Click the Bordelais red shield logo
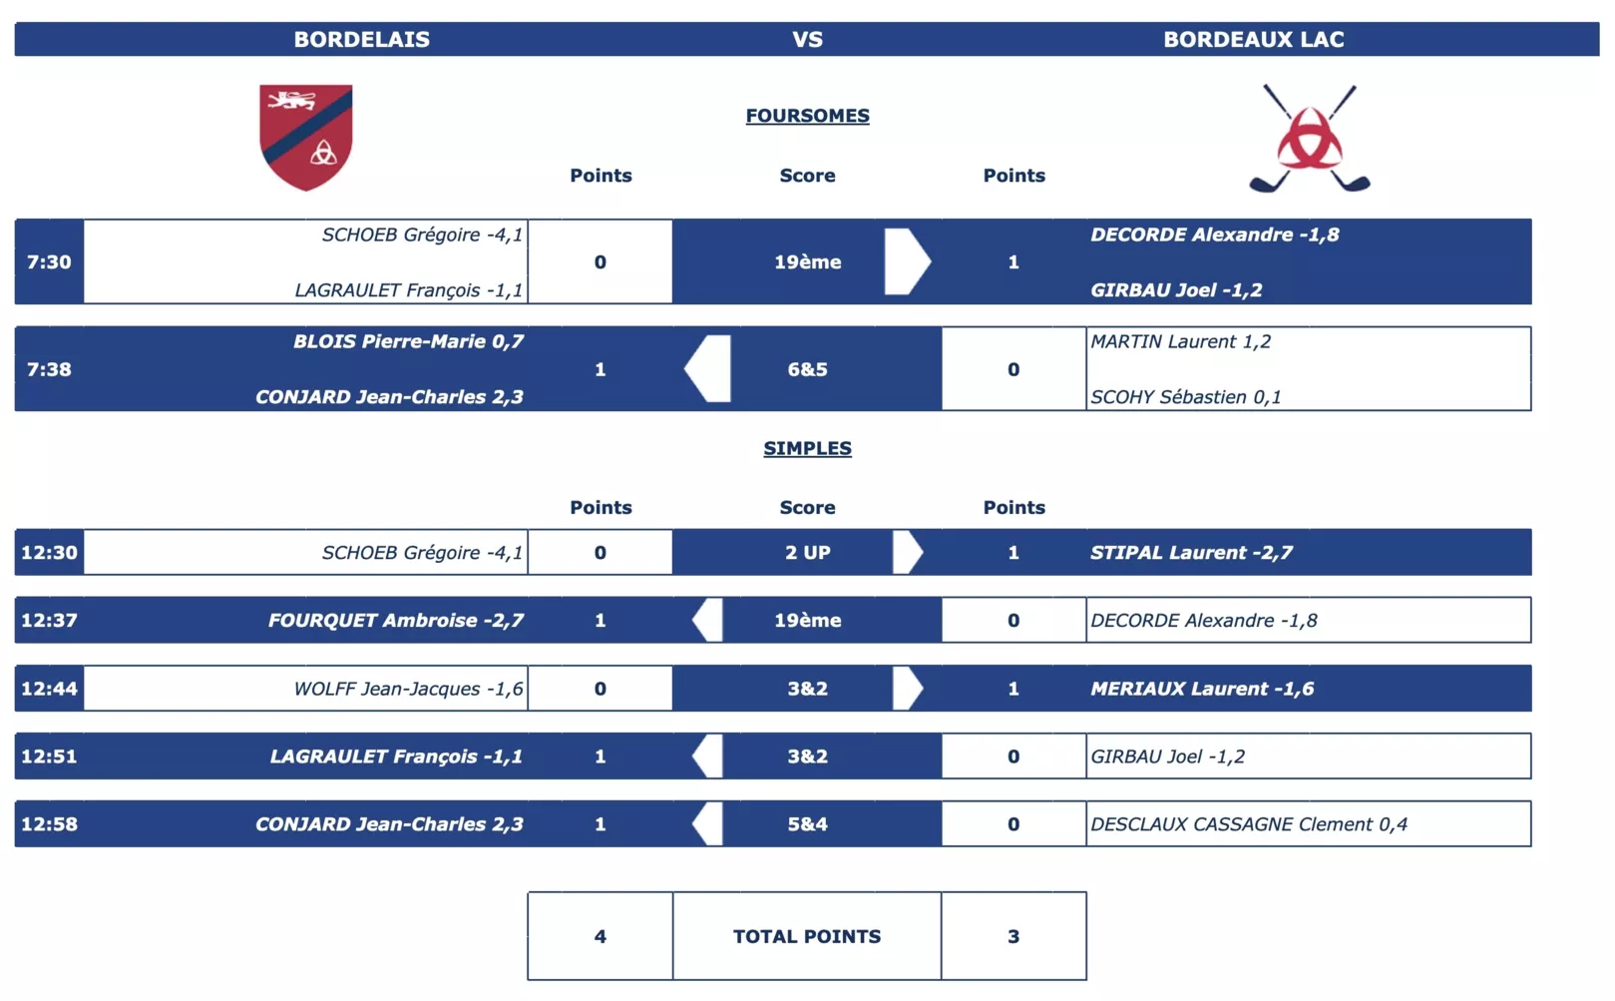click(x=306, y=137)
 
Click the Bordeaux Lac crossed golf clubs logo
click(x=1310, y=139)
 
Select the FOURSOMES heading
click(x=808, y=116)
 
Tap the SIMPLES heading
click(x=808, y=448)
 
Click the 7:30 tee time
click(x=49, y=261)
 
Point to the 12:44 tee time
click(x=49, y=689)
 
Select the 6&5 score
click(x=808, y=369)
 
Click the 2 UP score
click(x=808, y=553)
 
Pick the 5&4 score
click(x=808, y=824)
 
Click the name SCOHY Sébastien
click(x=1169, y=396)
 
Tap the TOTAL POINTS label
click(x=808, y=937)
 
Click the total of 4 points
click(x=600, y=937)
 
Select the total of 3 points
click(x=1012, y=937)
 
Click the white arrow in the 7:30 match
click(x=908, y=261)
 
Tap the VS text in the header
click(x=808, y=39)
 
